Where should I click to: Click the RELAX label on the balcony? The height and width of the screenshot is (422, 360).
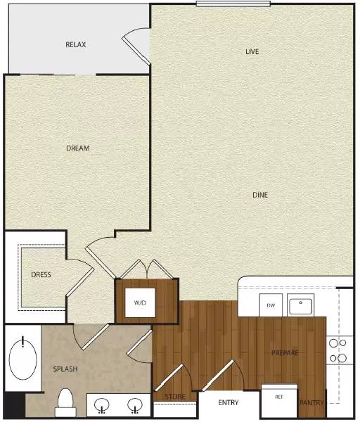pyautogui.click(x=75, y=45)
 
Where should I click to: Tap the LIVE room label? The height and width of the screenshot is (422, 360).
pyautogui.click(x=252, y=52)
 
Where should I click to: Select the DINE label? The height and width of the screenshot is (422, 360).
pyautogui.click(x=262, y=195)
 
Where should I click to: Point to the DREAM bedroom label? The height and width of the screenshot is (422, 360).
pyautogui.click(x=77, y=148)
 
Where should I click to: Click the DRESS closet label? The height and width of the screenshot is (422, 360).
pyautogui.click(x=41, y=274)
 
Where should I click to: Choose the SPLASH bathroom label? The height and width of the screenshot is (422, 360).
pyautogui.click(x=65, y=369)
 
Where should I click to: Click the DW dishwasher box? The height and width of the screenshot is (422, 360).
pyautogui.click(x=271, y=306)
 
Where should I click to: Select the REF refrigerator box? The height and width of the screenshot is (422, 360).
pyautogui.click(x=280, y=397)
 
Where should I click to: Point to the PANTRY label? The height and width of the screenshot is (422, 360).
pyautogui.click(x=311, y=403)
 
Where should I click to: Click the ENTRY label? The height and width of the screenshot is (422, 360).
pyautogui.click(x=228, y=403)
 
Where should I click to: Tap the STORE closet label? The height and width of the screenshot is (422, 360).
pyautogui.click(x=175, y=397)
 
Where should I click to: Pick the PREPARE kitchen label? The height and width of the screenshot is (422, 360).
pyautogui.click(x=286, y=352)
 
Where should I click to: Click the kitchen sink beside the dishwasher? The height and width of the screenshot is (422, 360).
pyautogui.click(x=302, y=307)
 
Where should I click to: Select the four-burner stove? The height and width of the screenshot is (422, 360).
pyautogui.click(x=338, y=350)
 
